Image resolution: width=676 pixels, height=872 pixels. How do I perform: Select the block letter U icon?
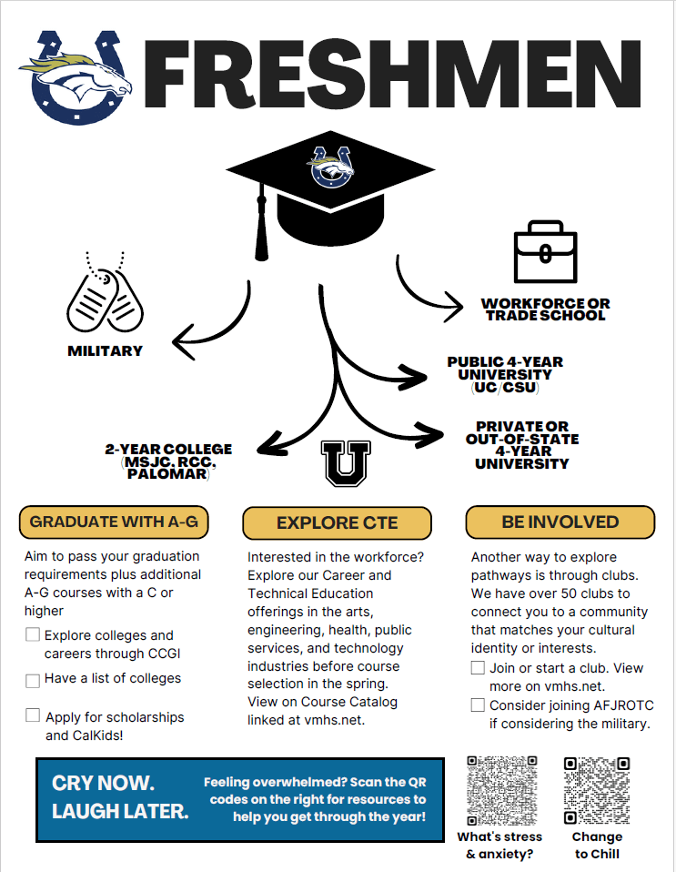347,464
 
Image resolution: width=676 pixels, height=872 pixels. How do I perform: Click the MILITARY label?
106,350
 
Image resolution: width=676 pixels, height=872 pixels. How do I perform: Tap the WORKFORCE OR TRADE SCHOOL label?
546,309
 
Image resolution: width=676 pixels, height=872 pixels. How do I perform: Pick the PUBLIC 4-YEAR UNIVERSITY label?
505,374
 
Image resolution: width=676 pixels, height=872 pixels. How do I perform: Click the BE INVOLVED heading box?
560,522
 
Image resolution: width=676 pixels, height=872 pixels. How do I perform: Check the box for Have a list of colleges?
33,680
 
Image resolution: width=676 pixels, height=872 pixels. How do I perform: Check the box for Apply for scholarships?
33,715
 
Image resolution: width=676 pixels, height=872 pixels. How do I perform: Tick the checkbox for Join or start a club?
478,668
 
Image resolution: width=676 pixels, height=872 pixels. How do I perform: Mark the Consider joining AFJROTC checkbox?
478,705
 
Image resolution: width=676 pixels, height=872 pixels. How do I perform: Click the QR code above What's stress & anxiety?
499,789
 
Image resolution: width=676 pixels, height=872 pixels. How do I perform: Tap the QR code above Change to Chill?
597,789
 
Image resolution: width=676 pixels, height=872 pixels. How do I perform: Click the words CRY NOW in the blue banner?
104,784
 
